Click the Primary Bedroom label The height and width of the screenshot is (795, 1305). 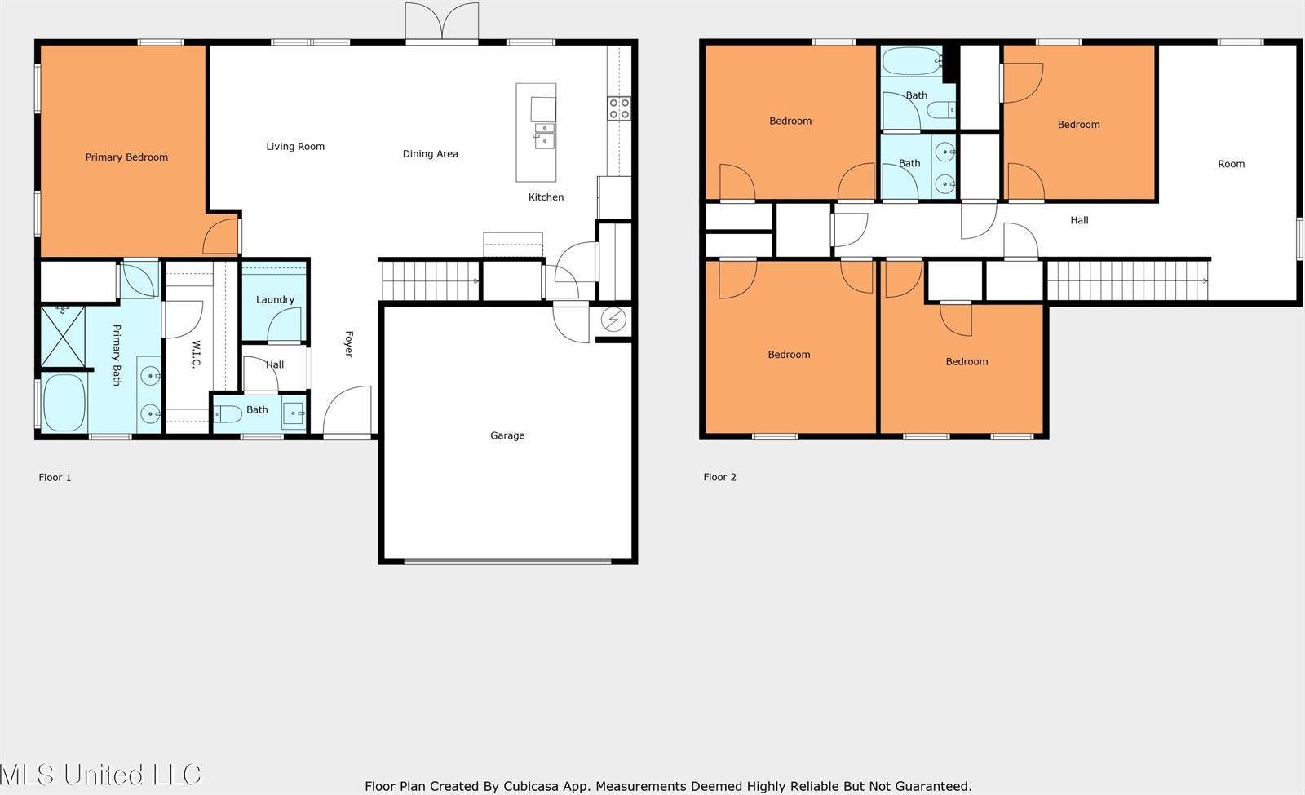pyautogui.click(x=126, y=157)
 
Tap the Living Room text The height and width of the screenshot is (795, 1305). pyautogui.click(x=295, y=147)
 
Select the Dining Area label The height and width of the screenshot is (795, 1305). pyautogui.click(x=431, y=154)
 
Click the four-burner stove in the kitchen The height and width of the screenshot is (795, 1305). pyautogui.click(x=619, y=108)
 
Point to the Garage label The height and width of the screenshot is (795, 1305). pyautogui.click(x=507, y=435)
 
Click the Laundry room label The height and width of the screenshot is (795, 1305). pyautogui.click(x=275, y=299)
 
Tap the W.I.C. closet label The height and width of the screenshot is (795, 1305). pyautogui.click(x=195, y=354)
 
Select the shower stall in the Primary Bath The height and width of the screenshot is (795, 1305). pyautogui.click(x=63, y=338)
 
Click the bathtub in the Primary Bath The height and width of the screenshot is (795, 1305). pyautogui.click(x=64, y=403)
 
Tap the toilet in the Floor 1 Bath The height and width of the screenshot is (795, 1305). pyautogui.click(x=228, y=414)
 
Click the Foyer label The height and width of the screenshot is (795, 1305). pyautogui.click(x=349, y=343)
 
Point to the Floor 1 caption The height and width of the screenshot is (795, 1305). pyautogui.click(x=55, y=478)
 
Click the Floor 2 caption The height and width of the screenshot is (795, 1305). pyautogui.click(x=719, y=477)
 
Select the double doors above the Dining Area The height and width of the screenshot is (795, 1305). pyautogui.click(x=442, y=22)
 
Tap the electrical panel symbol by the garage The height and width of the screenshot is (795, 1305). pyautogui.click(x=613, y=320)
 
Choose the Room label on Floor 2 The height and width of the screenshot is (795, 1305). pyautogui.click(x=1231, y=164)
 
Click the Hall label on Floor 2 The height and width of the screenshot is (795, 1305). pyautogui.click(x=1079, y=220)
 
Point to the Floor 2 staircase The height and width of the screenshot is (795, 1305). pyautogui.click(x=1128, y=280)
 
